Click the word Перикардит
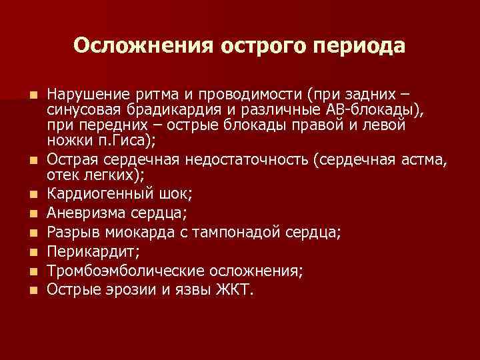tap(87, 251)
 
